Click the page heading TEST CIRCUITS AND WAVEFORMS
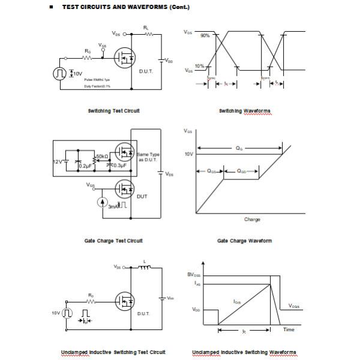[126, 7]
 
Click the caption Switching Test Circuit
[114, 111]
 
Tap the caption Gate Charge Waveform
[244, 241]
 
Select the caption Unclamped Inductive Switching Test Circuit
[113, 352]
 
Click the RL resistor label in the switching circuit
[146, 28]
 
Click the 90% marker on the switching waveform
[205, 35]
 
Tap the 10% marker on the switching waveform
[199, 66]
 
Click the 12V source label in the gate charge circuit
[58, 162]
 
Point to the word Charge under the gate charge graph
[252, 220]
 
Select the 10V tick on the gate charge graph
[188, 154]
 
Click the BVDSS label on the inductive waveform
[194, 274]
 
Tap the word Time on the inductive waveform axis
[289, 329]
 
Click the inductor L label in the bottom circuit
[145, 260]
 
